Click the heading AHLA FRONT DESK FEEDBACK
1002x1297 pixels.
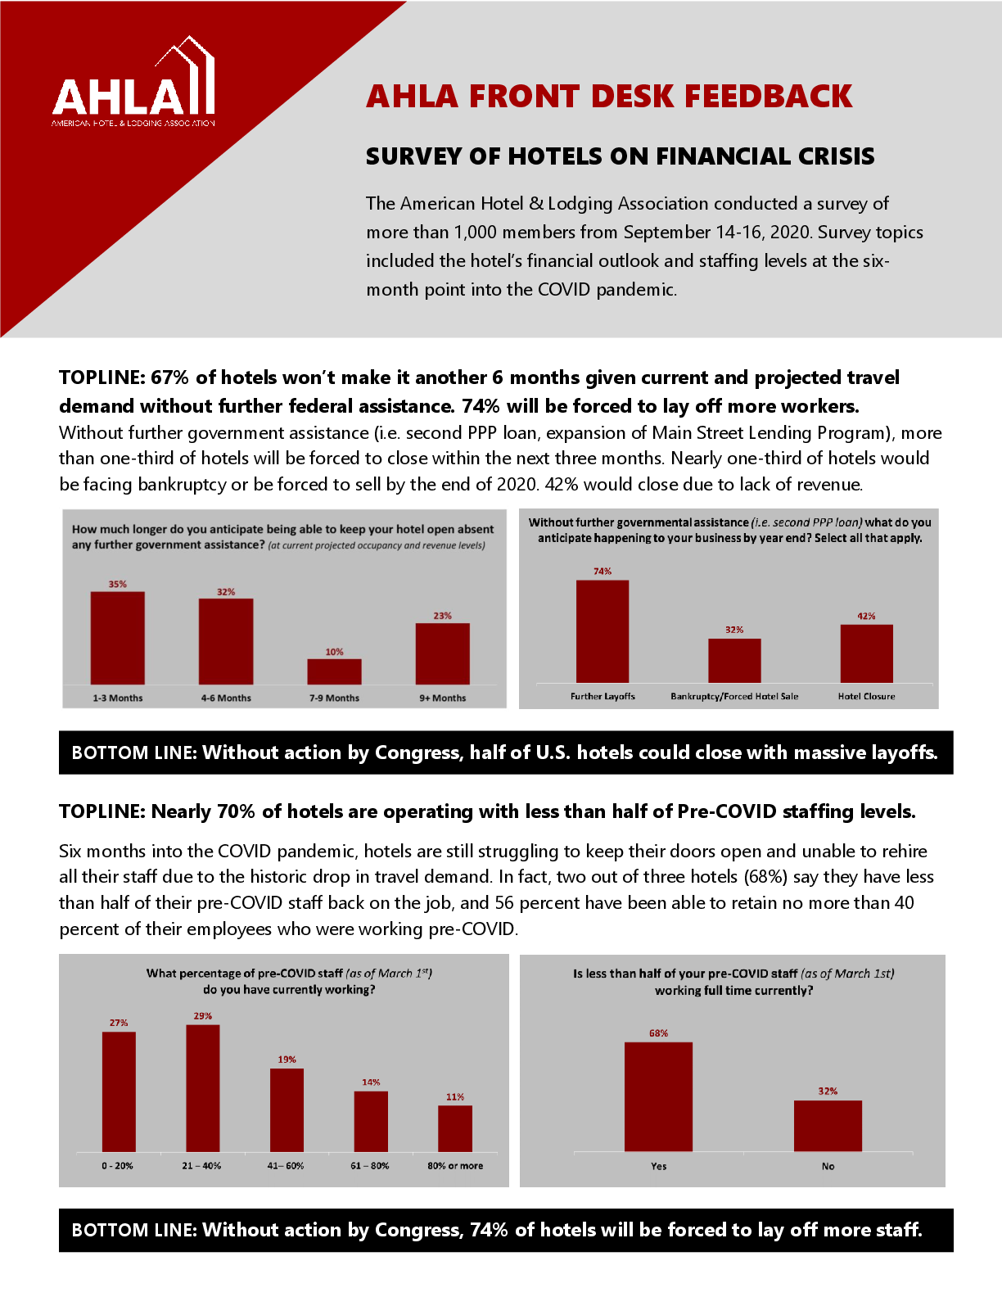click(609, 97)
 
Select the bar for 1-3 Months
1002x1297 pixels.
click(117, 638)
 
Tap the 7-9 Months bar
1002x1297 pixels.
click(334, 671)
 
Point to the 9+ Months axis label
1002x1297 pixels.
click(442, 698)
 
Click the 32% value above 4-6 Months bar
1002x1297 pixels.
click(226, 591)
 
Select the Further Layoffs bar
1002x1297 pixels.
click(603, 631)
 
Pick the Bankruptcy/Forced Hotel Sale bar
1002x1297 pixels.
click(734, 660)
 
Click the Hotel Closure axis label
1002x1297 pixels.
click(866, 696)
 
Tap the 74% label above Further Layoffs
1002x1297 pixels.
click(603, 571)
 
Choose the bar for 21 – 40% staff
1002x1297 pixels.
click(203, 1088)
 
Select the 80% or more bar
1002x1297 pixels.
click(455, 1128)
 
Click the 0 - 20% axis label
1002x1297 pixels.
click(117, 1165)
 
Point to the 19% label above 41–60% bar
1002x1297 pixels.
click(287, 1059)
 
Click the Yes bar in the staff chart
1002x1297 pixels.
click(658, 1096)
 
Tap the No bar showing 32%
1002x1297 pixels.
click(828, 1126)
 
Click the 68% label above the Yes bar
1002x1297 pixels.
click(658, 1033)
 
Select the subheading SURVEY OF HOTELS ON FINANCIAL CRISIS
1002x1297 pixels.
click(620, 156)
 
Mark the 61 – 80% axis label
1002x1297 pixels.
click(370, 1165)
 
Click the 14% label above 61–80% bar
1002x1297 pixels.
click(371, 1082)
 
